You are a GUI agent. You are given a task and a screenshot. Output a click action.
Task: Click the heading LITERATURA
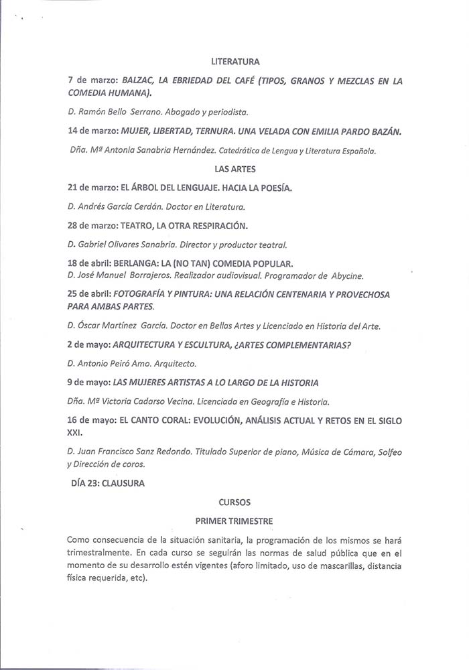coord(234,62)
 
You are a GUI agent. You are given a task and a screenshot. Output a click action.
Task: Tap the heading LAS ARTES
coord(234,170)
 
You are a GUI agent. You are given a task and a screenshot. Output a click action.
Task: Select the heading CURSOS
coord(234,500)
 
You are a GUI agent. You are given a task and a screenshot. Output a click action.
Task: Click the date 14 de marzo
coord(92,132)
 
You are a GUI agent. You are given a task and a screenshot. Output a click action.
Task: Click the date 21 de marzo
coord(92,188)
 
